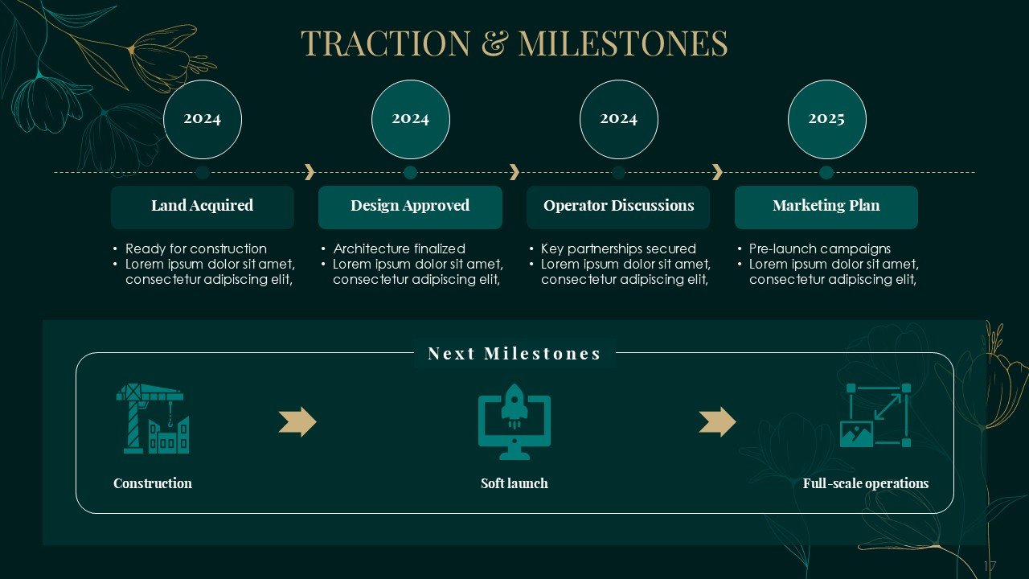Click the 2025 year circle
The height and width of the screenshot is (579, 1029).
pos(827,120)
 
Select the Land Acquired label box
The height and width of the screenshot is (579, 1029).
pos(203,207)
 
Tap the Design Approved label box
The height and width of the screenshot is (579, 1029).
pos(410,207)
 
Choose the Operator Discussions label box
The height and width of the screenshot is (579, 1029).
pos(618,207)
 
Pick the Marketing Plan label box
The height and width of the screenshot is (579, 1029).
pos(826,207)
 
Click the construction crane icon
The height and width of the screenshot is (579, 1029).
pos(153,419)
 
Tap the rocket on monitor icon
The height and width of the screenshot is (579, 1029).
pos(514,422)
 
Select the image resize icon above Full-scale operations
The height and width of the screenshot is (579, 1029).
pos(875,416)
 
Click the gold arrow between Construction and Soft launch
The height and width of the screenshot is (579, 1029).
pos(297,421)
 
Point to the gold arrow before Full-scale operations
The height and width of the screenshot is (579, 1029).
pos(718,421)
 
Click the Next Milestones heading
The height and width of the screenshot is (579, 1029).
pos(514,353)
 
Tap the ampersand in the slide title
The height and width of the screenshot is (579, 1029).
pos(496,43)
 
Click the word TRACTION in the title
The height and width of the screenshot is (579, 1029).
pos(386,43)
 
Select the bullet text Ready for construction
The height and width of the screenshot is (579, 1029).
pos(196,248)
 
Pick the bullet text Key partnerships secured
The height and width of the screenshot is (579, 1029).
pos(618,248)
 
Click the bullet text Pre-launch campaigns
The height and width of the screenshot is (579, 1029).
pos(820,248)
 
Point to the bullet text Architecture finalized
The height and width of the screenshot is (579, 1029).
pos(400,248)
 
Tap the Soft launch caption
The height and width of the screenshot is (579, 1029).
pos(514,483)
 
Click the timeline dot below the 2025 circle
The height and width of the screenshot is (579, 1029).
pos(826,173)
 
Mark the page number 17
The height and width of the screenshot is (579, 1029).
pos(990,565)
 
